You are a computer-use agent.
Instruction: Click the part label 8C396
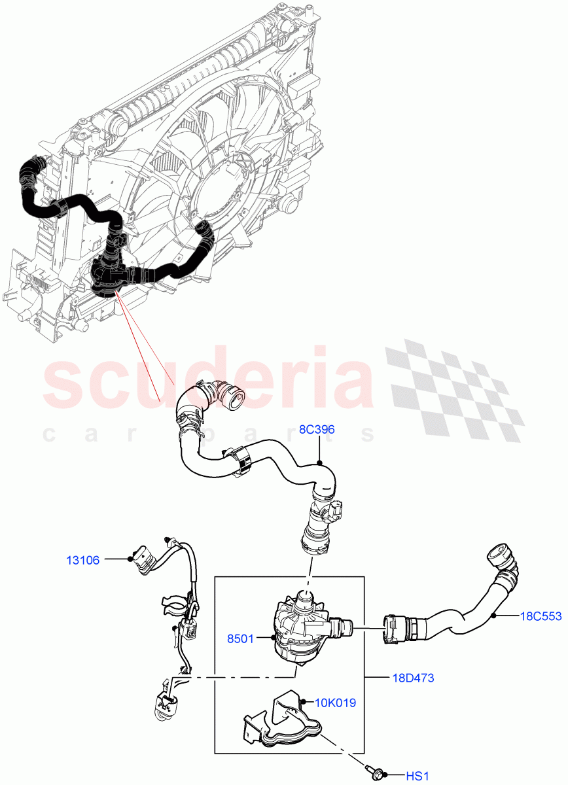[x=317, y=430]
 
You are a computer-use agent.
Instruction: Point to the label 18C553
[x=541, y=616]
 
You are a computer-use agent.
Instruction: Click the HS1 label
[x=417, y=776]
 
